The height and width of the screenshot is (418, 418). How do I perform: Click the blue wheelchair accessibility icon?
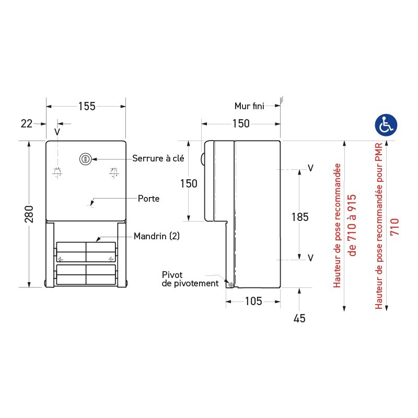click(x=387, y=125)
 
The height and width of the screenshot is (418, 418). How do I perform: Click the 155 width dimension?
click(x=87, y=107)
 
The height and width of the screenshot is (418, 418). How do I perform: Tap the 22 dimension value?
click(x=26, y=124)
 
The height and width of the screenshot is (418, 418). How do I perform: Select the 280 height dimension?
click(x=29, y=214)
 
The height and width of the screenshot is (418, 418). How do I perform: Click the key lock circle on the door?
click(x=84, y=159)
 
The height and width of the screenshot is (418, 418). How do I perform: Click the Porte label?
click(x=149, y=199)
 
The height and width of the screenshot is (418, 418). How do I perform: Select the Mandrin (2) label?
click(x=156, y=236)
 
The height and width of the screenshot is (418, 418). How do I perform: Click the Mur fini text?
click(x=249, y=106)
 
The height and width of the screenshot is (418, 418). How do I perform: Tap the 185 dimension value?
click(x=300, y=217)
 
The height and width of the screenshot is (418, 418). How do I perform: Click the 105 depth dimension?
click(x=253, y=301)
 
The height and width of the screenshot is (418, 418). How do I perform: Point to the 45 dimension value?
click(x=299, y=318)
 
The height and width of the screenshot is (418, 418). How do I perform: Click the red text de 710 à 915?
click(x=353, y=225)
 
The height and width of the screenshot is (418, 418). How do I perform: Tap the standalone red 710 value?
click(x=395, y=227)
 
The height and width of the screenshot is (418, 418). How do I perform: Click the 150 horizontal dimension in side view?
click(x=241, y=124)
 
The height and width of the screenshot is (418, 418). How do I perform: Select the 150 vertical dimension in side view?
click(x=189, y=183)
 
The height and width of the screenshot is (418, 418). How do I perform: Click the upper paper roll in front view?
click(x=86, y=251)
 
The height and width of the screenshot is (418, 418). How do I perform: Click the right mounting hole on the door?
click(x=114, y=172)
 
